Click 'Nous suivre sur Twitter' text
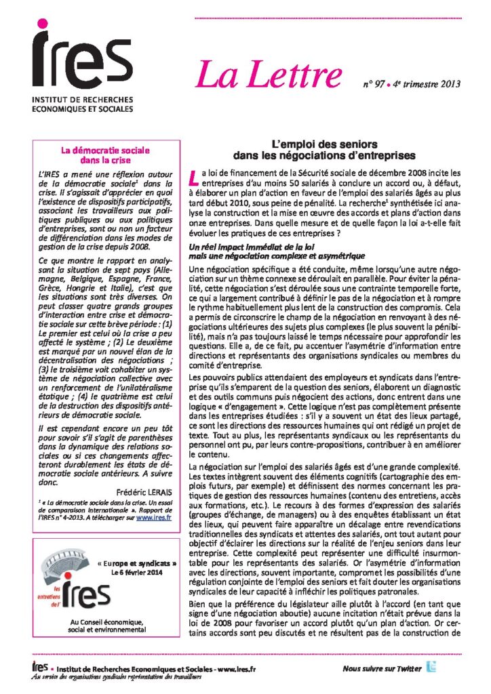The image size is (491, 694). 382,669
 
